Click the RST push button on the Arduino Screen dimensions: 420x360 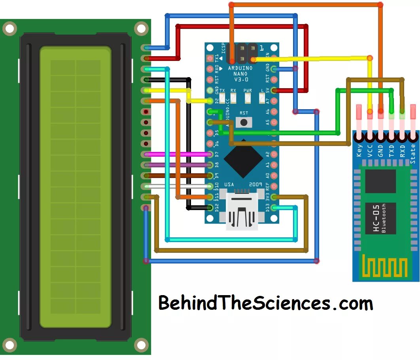(x=244, y=122)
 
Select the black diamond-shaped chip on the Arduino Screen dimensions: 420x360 (x=243, y=158)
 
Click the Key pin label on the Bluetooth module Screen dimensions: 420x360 (x=359, y=151)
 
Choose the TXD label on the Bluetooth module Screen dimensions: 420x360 (x=392, y=151)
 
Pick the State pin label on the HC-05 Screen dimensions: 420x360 (x=413, y=151)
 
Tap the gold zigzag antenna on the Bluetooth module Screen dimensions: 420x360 (x=385, y=267)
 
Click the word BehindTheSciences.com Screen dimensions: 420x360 (x=265, y=304)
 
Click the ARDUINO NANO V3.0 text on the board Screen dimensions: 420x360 (x=238, y=74)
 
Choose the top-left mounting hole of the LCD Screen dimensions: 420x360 (x=9, y=28)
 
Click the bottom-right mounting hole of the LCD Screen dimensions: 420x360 (x=141, y=345)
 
